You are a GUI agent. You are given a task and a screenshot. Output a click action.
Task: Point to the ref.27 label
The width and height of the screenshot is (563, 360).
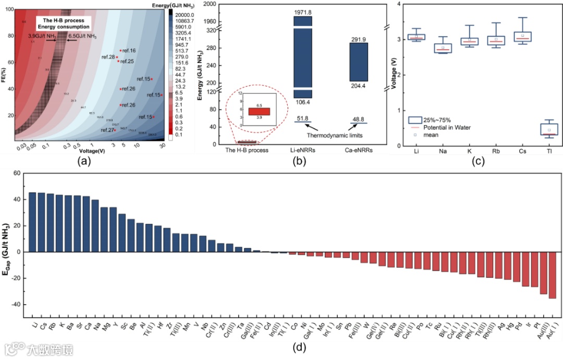click(x=107, y=130)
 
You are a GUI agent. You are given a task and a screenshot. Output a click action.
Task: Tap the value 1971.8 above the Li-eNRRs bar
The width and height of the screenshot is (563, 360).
click(x=303, y=11)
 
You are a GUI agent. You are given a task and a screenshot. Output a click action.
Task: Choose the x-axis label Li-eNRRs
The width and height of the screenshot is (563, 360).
click(x=303, y=150)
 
